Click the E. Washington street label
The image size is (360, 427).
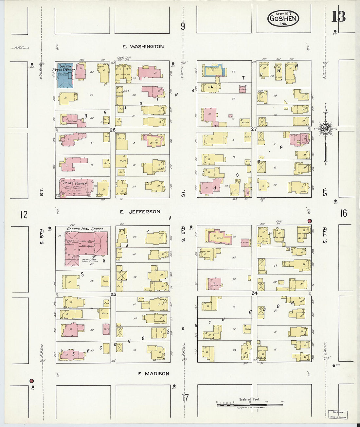pos(143,46)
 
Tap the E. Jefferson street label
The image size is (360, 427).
pos(140,212)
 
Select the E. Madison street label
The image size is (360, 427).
pos(153,373)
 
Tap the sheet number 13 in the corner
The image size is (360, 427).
pos(338,16)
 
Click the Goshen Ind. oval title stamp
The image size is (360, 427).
pos(283,18)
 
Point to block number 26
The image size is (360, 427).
pos(113,130)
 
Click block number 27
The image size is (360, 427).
pos(254,129)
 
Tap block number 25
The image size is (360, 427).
pos(113,294)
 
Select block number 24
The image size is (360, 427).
pos(254,293)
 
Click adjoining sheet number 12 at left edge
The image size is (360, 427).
pos(24,215)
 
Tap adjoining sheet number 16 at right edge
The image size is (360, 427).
pos(343,213)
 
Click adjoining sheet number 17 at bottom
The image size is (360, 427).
pos(185,398)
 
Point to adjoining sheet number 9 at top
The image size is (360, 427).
pos(183,26)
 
